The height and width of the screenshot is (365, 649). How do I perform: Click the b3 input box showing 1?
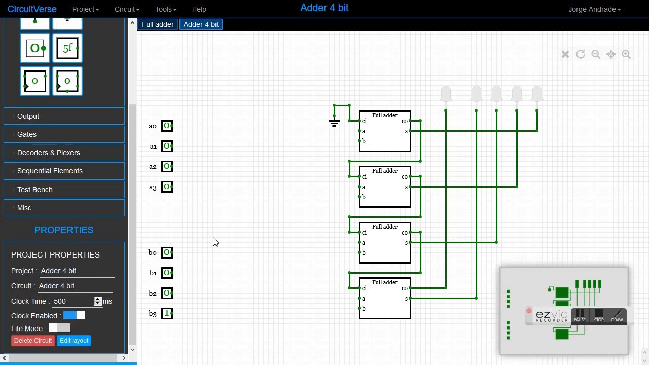pyautogui.click(x=167, y=313)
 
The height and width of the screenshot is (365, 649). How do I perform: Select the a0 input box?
pyautogui.click(x=167, y=126)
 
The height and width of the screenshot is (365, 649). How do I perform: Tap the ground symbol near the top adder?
pyautogui.click(x=334, y=122)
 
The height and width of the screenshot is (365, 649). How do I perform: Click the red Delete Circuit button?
pyautogui.click(x=33, y=341)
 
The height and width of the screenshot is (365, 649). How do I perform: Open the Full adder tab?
pyautogui.click(x=158, y=24)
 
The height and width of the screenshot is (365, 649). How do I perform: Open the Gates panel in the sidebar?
pyautogui.click(x=64, y=134)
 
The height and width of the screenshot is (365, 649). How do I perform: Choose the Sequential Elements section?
pyautogui.click(x=64, y=171)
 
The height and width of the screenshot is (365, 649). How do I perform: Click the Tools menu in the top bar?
pyautogui.click(x=166, y=9)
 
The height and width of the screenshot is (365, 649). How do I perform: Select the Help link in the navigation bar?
pyautogui.click(x=199, y=9)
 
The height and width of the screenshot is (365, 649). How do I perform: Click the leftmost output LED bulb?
pyautogui.click(x=446, y=94)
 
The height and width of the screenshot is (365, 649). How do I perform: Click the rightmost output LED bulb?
pyautogui.click(x=537, y=94)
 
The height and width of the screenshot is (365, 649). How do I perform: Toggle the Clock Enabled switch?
pyautogui.click(x=74, y=315)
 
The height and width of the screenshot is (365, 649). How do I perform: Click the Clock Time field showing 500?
pyautogui.click(x=73, y=301)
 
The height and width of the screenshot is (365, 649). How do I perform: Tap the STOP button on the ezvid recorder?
pyautogui.click(x=599, y=316)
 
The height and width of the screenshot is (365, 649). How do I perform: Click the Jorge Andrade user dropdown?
pyautogui.click(x=594, y=9)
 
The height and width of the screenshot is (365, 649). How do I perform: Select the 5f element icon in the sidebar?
pyautogui.click(x=67, y=49)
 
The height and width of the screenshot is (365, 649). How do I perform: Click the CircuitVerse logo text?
pyautogui.click(x=32, y=9)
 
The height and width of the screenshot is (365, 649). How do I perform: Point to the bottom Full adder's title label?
pyautogui.click(x=385, y=282)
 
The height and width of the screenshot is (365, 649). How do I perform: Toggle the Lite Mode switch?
pyautogui.click(x=59, y=328)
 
